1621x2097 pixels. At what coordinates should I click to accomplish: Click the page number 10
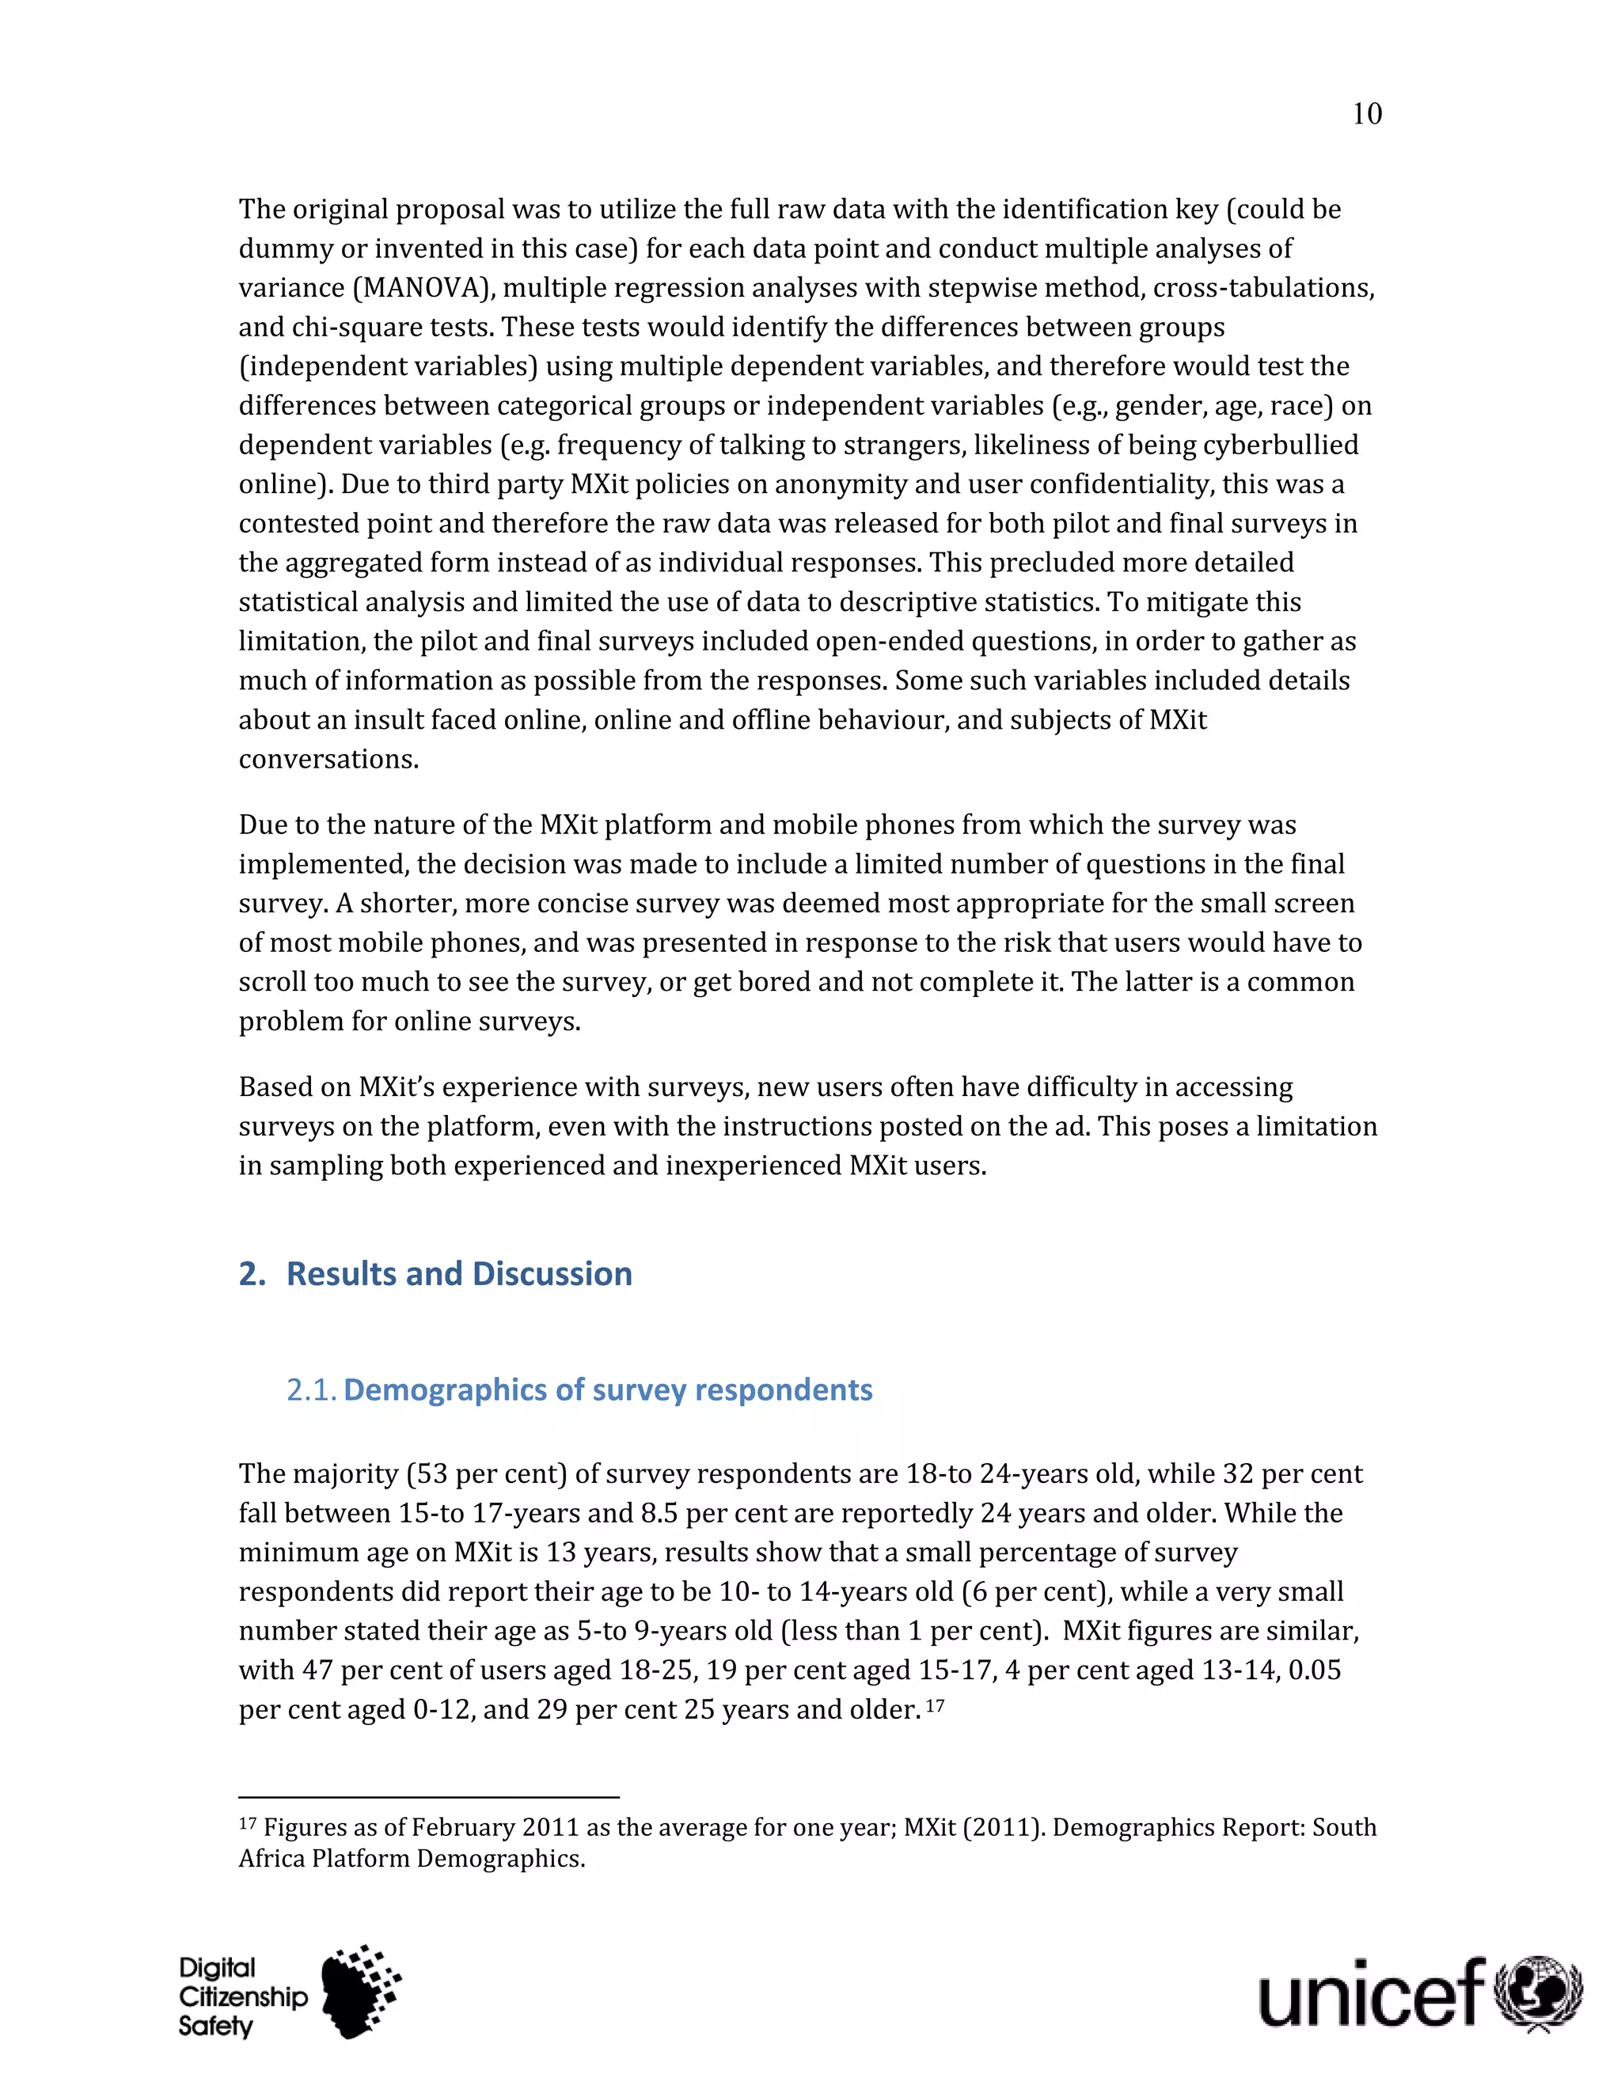point(1366,114)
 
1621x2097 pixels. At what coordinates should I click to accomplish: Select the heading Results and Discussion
point(459,1274)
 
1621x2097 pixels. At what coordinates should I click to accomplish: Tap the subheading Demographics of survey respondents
point(608,1390)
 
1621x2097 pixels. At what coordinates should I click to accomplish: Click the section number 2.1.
point(311,1390)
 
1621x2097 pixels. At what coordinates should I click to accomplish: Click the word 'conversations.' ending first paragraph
point(328,760)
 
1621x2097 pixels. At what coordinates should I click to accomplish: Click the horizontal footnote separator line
point(428,1796)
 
